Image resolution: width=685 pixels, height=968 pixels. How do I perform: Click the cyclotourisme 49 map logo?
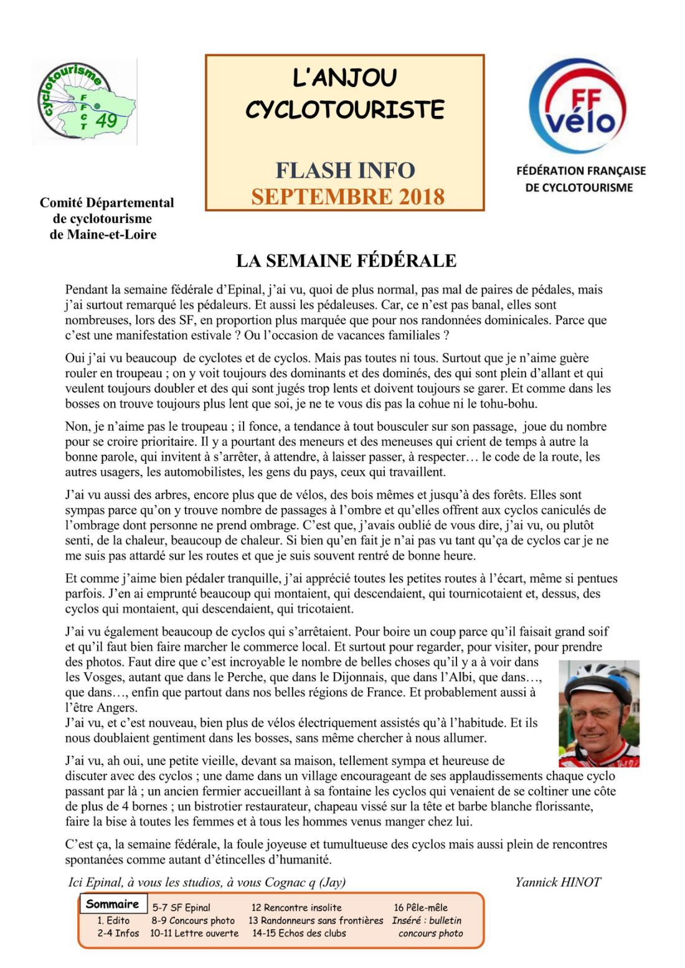pos(85,101)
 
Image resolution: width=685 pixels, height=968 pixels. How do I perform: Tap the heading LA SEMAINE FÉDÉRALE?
pos(346,261)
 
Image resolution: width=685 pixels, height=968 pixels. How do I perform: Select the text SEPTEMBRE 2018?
pos(347,197)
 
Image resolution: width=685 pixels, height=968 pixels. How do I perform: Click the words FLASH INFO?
pos(345,170)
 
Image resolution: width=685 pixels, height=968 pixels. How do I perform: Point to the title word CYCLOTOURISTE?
pos(344,110)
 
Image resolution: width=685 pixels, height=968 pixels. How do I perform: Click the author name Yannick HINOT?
pos(558,882)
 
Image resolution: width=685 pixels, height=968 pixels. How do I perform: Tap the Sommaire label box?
pos(113,904)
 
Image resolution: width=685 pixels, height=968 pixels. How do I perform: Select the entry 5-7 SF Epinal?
pos(181,908)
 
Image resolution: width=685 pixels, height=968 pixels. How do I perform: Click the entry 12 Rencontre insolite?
pos(296,908)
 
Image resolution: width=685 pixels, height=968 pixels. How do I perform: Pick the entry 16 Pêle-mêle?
pos(420,908)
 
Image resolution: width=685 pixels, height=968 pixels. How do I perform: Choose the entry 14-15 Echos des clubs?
pos(299,933)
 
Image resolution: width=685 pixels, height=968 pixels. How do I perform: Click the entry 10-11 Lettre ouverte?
pos(194,933)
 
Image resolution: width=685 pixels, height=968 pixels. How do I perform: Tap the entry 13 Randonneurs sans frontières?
pos(316,920)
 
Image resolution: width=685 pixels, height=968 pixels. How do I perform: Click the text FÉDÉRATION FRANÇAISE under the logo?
pos(581,171)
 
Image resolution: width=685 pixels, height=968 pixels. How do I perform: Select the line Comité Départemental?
pos(106,202)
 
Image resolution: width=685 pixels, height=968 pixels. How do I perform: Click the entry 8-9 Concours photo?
pos(193,920)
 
